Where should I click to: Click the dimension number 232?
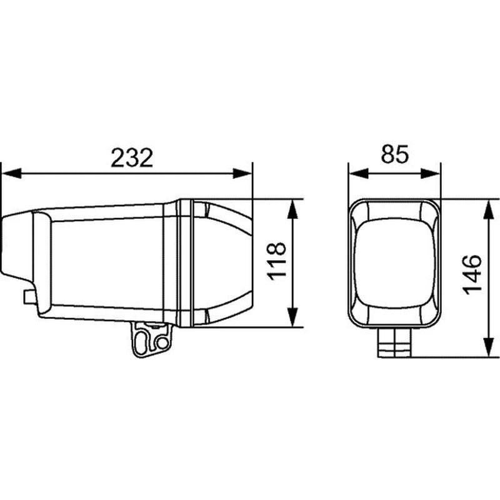[x=132, y=157]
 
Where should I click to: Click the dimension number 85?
[x=394, y=154]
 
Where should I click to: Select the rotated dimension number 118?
[x=276, y=261]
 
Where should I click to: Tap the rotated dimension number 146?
[x=472, y=274]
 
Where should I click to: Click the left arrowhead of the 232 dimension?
[x=11, y=174]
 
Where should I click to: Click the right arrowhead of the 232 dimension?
[x=242, y=174]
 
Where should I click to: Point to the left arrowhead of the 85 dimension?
[x=359, y=174]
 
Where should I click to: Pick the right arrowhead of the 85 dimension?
[x=431, y=174]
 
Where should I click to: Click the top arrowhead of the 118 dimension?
[x=292, y=209]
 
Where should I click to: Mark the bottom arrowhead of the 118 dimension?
[x=292, y=317]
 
